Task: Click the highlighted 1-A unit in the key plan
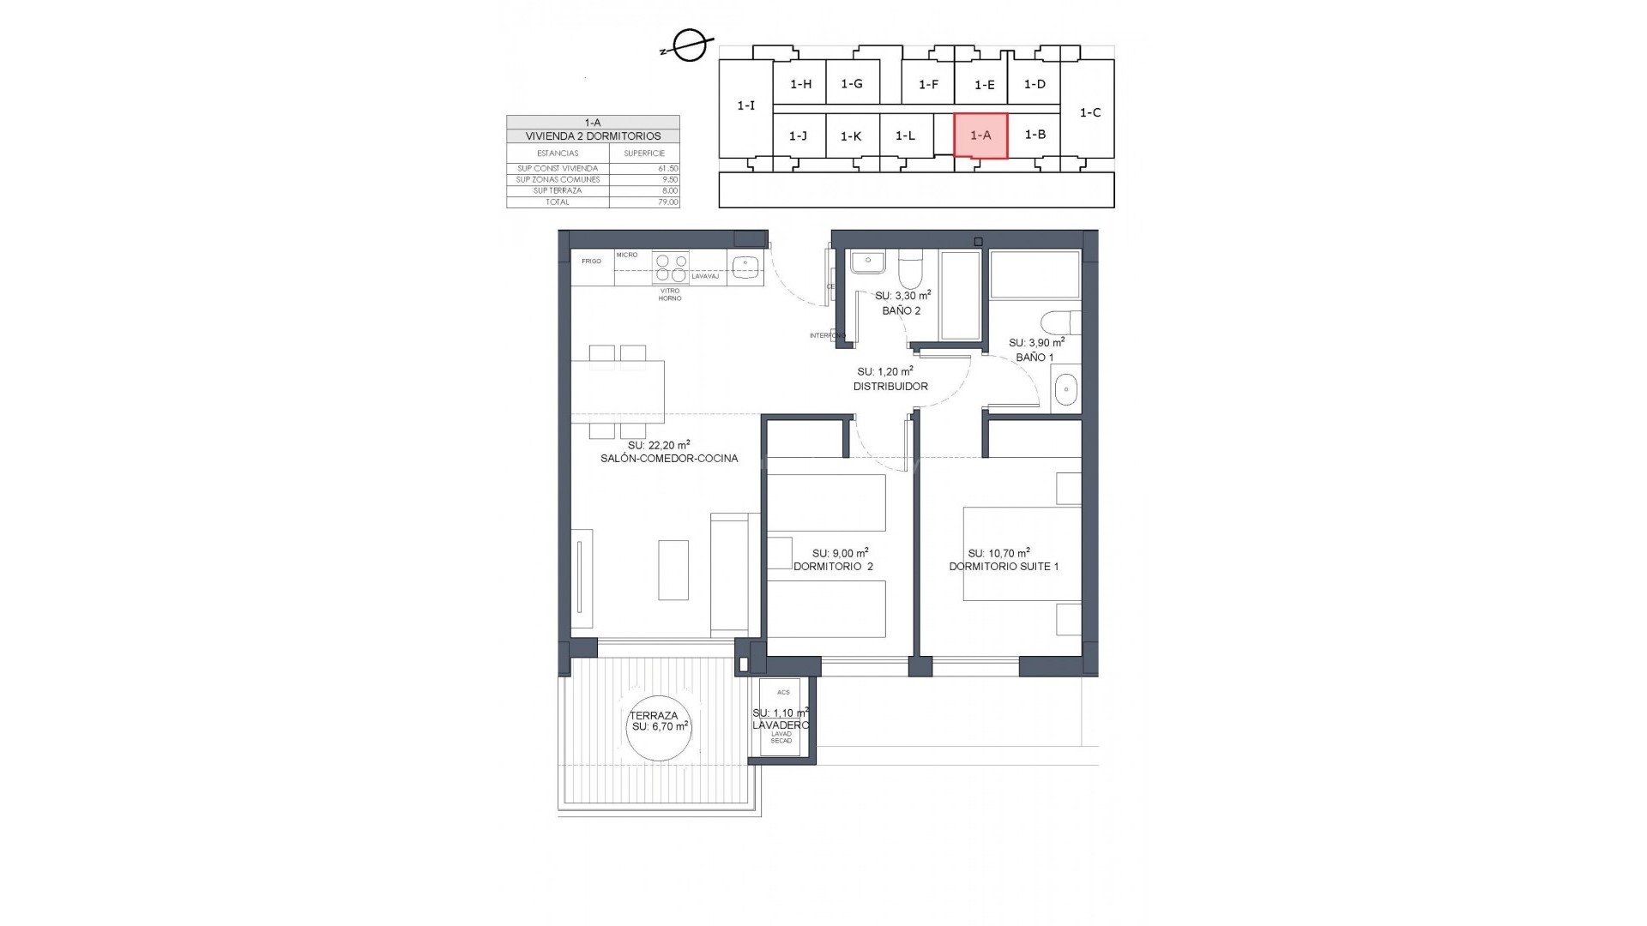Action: pos(980,135)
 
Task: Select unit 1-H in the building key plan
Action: pos(800,84)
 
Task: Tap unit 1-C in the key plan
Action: pos(1089,112)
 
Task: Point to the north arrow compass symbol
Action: pos(689,46)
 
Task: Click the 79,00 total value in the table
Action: pos(668,202)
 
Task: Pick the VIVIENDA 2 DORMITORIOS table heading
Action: pos(593,136)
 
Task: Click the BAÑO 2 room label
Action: pos(901,310)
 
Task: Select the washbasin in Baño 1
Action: pos(1064,390)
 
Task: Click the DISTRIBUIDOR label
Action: pos(890,387)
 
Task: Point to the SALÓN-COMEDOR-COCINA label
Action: pos(669,459)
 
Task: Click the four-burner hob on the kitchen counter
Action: pos(670,268)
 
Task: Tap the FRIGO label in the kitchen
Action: pos(591,261)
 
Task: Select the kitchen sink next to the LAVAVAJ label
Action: pos(745,268)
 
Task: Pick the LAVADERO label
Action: pos(780,725)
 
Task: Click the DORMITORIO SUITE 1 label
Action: pos(1003,567)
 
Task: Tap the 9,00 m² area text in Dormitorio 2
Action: pos(840,553)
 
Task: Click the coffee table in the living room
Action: pos(673,569)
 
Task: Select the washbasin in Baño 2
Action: pos(868,262)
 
